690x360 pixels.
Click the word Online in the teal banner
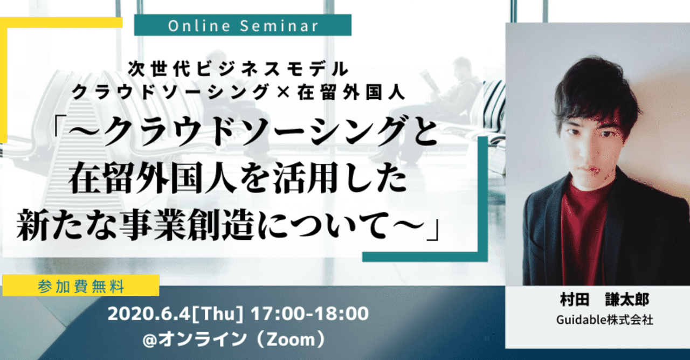point(199,25)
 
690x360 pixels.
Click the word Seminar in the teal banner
point(279,25)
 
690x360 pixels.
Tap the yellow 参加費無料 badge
point(81,286)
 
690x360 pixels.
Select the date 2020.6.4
point(148,314)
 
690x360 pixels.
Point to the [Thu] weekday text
point(217,314)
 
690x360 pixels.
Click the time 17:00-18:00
point(310,314)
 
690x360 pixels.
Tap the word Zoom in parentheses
point(291,340)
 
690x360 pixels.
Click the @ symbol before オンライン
point(150,340)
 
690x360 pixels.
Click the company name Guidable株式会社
point(604,320)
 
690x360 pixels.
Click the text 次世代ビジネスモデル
point(239,69)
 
